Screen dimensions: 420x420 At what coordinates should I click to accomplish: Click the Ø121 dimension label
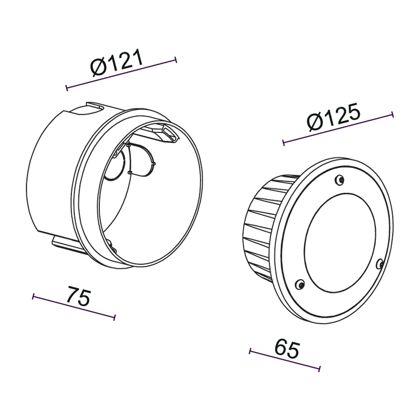pyautogui.click(x=117, y=62)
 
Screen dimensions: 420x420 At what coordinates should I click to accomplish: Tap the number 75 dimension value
pyautogui.click(x=79, y=296)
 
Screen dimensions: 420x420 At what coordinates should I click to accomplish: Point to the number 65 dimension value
pyautogui.click(x=287, y=348)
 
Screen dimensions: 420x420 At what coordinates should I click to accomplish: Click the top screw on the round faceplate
pyautogui.click(x=340, y=180)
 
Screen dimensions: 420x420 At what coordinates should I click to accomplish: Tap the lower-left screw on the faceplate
pyautogui.click(x=300, y=284)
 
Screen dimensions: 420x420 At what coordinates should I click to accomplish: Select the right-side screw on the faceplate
pyautogui.click(x=380, y=264)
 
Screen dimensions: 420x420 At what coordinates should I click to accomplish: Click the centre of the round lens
pyautogui.click(x=340, y=242)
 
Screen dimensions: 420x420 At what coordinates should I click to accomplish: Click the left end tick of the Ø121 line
pyautogui.click(x=66, y=88)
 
